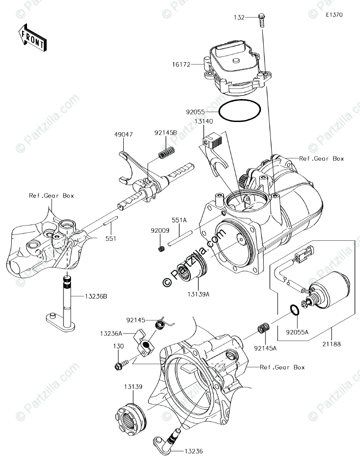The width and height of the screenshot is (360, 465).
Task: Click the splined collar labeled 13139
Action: [131, 417]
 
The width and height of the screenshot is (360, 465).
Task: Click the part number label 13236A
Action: [109, 334]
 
